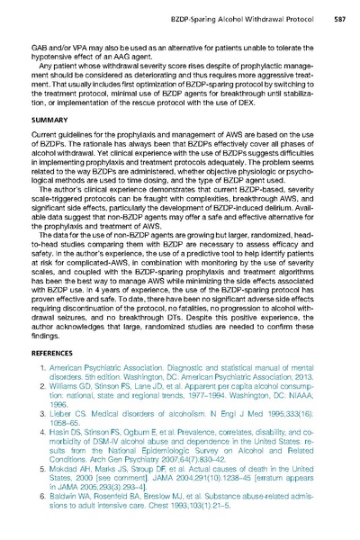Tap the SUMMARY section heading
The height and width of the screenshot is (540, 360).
[52, 118]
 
